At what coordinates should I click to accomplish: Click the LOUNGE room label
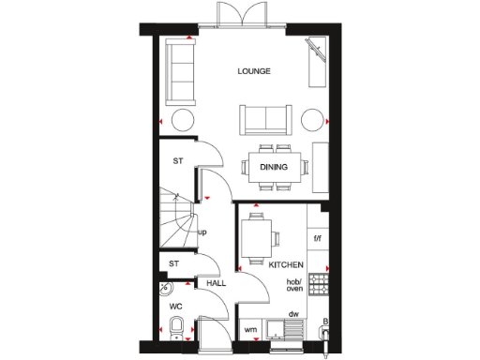pyautogui.click(x=255, y=70)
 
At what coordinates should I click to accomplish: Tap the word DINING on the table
pyautogui.click(x=274, y=168)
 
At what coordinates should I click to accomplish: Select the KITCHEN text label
pyautogui.click(x=285, y=265)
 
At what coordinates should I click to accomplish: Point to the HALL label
pyautogui.click(x=217, y=282)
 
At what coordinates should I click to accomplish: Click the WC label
pyautogui.click(x=174, y=307)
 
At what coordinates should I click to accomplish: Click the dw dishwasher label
pyautogui.click(x=294, y=314)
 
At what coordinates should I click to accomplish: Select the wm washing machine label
pyautogui.click(x=250, y=330)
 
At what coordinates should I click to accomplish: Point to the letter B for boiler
pyautogui.click(x=324, y=323)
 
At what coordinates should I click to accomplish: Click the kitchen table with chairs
pyautogui.click(x=257, y=239)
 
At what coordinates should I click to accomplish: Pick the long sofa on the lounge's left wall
pyautogui.click(x=175, y=73)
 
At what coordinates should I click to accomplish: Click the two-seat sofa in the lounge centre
pyautogui.click(x=264, y=120)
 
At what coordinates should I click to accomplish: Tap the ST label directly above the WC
pyautogui.click(x=173, y=265)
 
